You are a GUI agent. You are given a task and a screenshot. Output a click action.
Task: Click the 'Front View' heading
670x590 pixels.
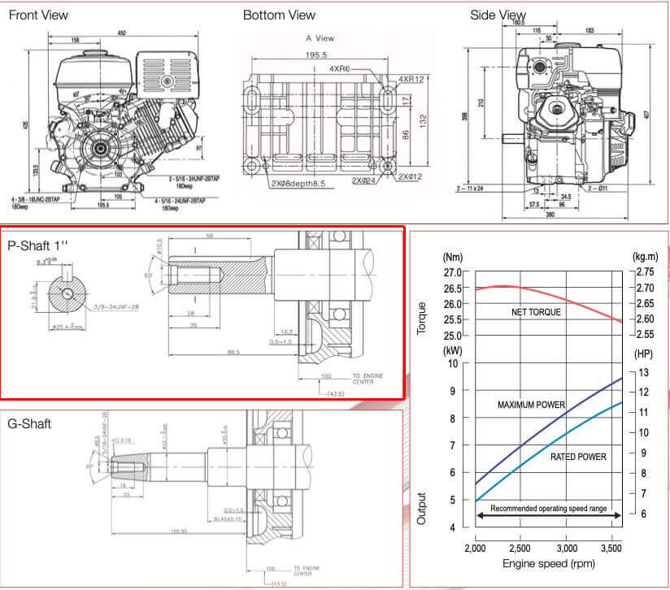38,15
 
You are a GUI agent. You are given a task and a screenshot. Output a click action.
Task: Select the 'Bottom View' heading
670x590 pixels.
279,15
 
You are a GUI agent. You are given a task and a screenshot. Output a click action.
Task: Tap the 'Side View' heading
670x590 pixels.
498,15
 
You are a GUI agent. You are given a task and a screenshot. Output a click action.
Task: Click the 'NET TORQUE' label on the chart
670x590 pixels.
536,312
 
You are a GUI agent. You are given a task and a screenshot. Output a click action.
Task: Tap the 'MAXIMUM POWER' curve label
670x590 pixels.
531,404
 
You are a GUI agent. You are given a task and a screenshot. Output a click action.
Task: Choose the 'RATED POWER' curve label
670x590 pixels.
578,457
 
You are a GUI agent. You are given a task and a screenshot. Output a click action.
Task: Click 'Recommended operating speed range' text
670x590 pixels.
548,508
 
